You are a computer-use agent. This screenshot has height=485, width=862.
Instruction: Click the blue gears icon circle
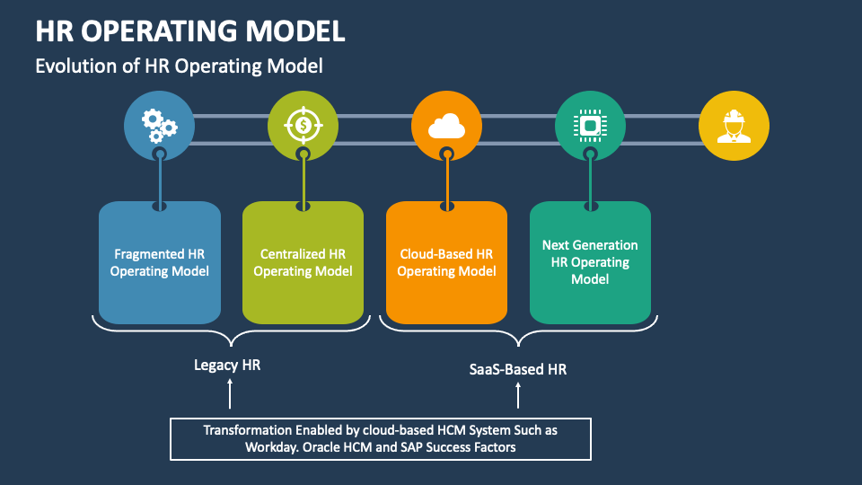click(160, 127)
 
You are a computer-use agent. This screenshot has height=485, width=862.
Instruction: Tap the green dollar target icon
click(303, 127)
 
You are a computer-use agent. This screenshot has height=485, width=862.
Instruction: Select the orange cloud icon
click(447, 127)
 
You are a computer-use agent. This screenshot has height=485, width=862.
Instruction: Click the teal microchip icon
click(590, 127)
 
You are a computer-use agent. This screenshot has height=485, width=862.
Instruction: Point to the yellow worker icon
click(734, 127)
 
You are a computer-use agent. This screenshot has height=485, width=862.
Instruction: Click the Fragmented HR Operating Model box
click(160, 262)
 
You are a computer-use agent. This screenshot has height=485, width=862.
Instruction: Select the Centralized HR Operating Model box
click(303, 262)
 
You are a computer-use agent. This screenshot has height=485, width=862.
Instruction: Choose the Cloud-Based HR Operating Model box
click(447, 262)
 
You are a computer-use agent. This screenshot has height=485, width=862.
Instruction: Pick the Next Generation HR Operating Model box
click(590, 262)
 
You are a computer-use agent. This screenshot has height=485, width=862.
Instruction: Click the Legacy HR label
click(227, 366)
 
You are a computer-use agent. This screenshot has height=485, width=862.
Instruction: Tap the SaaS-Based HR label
click(518, 369)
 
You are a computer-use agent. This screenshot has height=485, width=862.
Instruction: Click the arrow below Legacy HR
click(231, 393)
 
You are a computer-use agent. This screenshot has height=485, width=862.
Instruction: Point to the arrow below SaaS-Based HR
click(518, 394)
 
